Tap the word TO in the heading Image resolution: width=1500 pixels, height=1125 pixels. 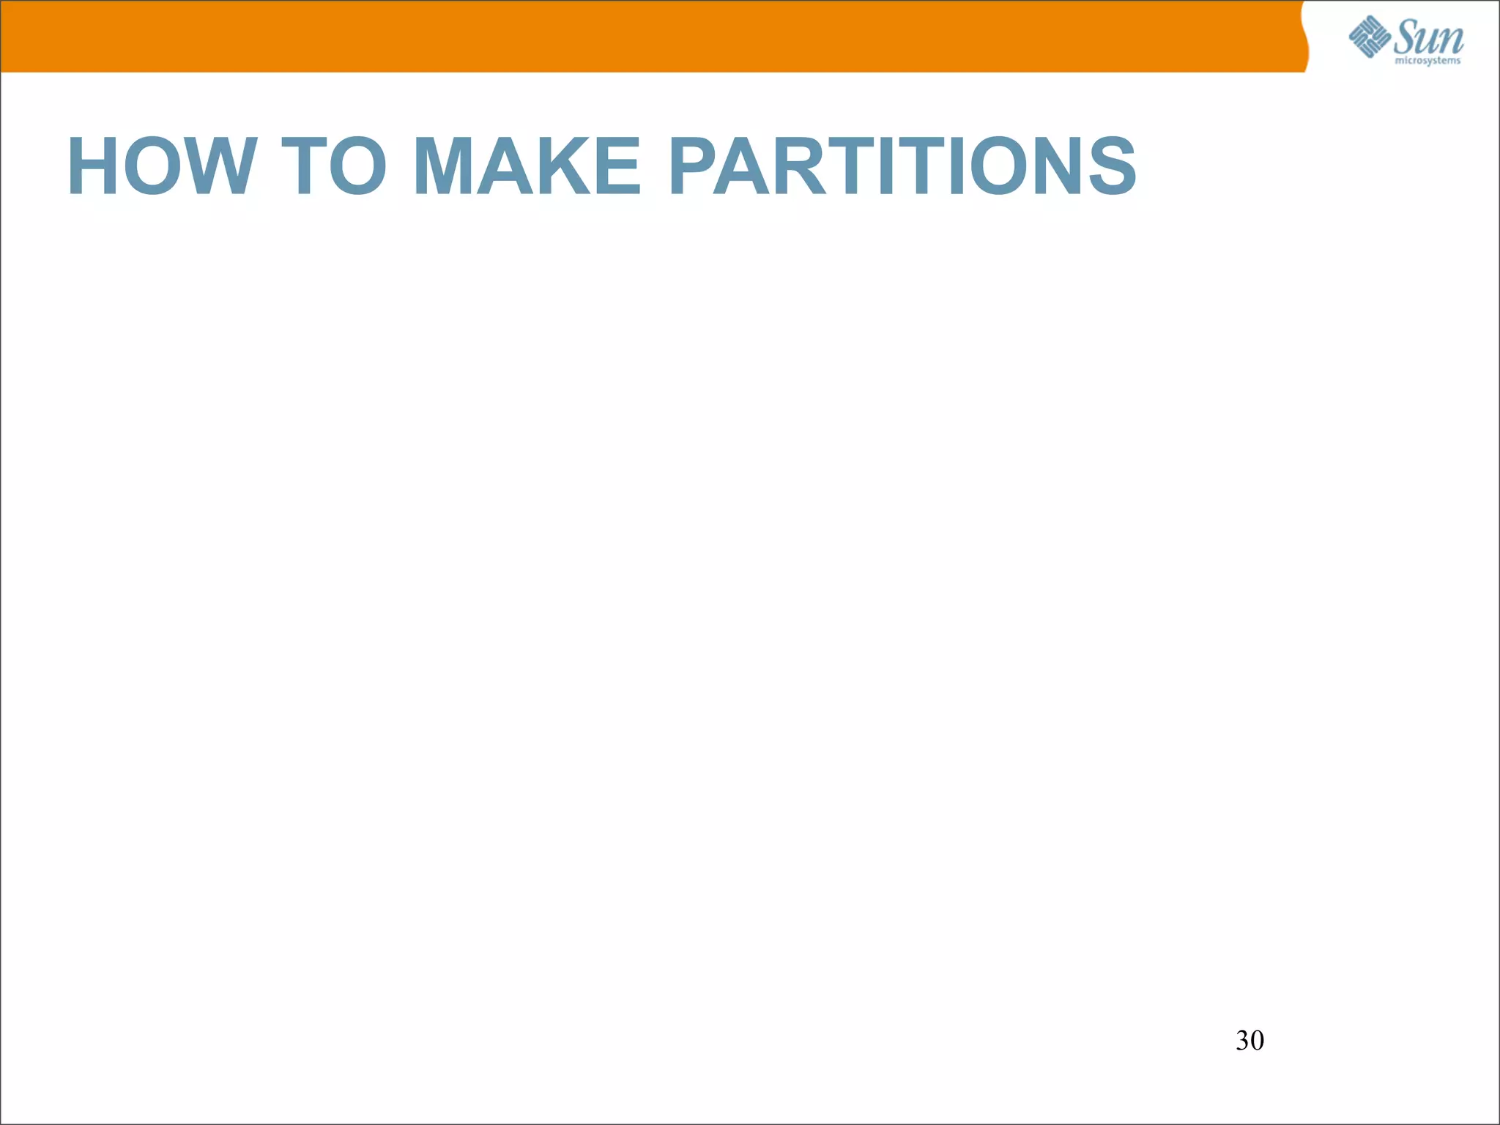point(334,167)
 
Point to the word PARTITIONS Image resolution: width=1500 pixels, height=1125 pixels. point(902,167)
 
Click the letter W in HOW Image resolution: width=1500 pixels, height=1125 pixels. point(218,167)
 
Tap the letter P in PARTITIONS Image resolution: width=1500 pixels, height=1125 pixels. point(696,167)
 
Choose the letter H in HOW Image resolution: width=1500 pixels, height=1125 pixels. point(92,167)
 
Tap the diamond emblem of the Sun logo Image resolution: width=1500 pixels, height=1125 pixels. point(1370,37)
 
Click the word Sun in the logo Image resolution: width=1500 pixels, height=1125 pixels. point(1429,37)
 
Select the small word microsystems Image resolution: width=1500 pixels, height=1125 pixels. point(1427,61)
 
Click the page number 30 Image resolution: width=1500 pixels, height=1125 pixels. point(1250,1041)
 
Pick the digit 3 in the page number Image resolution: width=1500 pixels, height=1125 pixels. point(1242,1041)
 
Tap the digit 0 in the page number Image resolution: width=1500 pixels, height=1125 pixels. point(1257,1041)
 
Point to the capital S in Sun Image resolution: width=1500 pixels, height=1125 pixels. point(1407,37)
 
